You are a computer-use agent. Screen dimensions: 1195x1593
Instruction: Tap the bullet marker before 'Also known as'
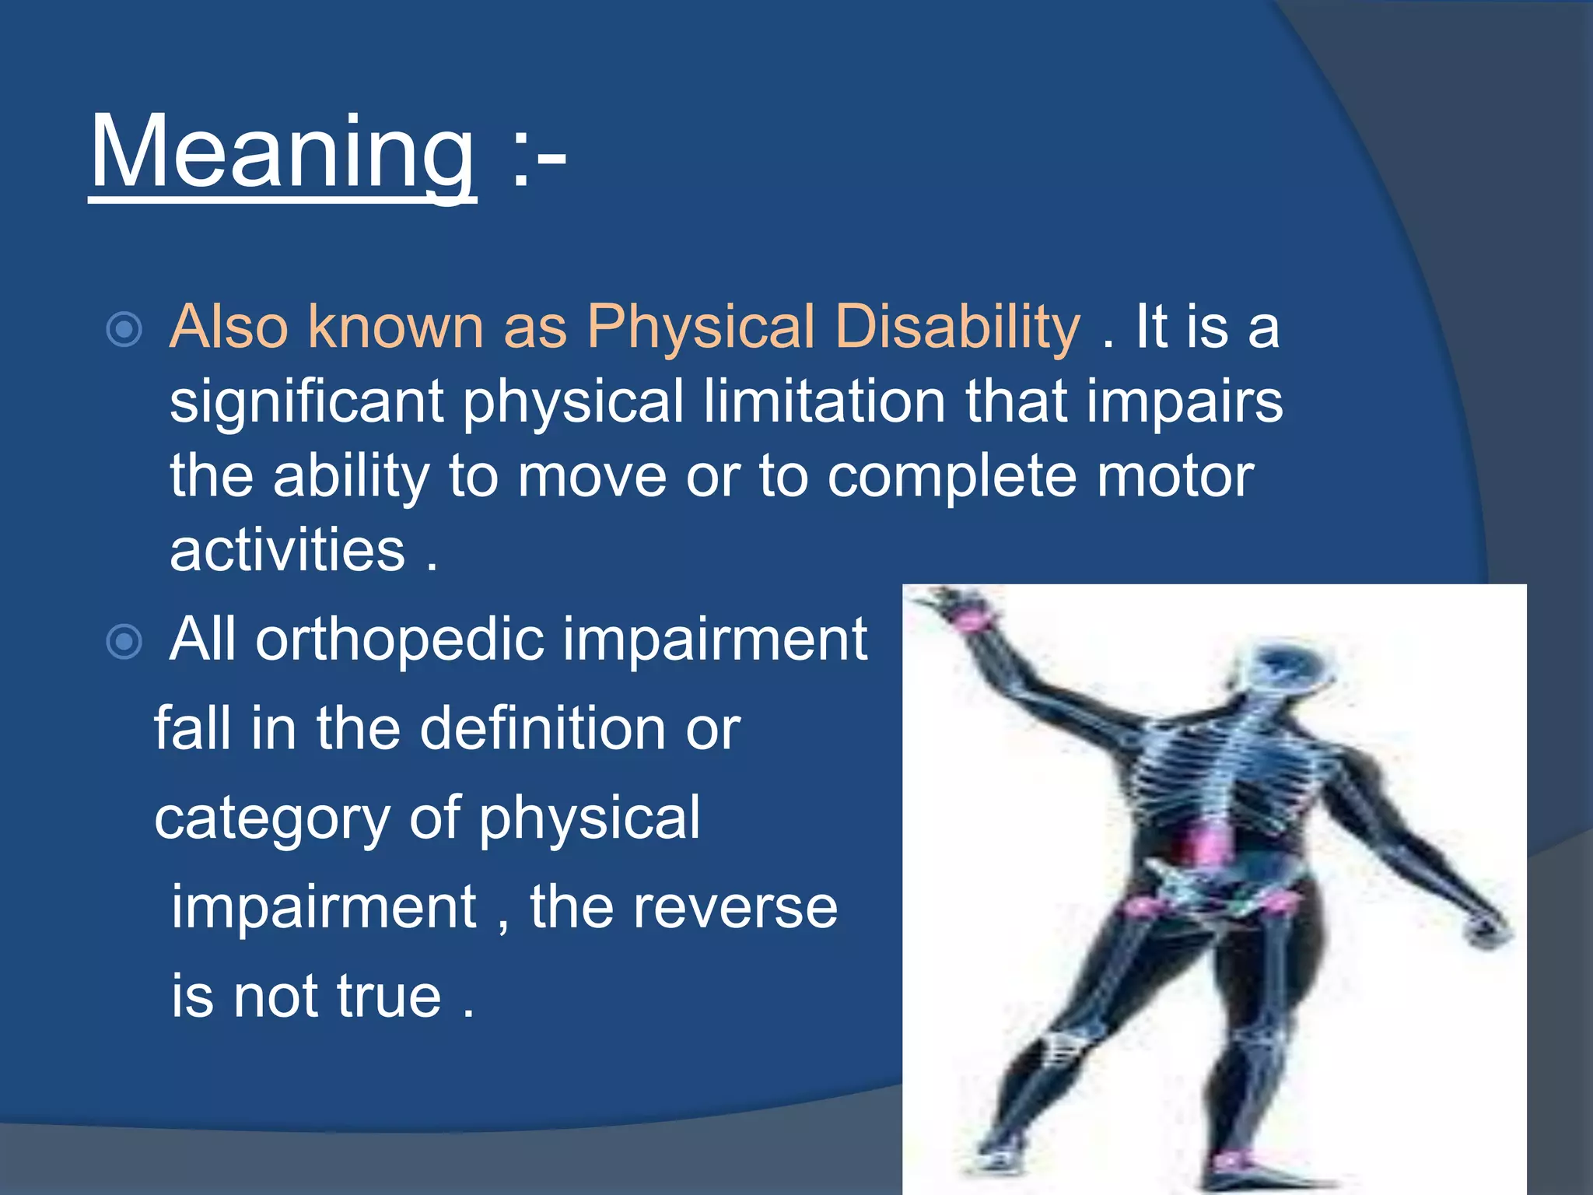tap(124, 329)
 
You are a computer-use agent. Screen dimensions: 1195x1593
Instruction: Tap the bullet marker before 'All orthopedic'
tap(124, 642)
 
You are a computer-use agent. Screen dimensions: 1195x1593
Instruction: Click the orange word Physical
tap(700, 328)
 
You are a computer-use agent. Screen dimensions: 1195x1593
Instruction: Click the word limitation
tap(824, 401)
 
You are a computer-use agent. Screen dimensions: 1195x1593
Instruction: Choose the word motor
tap(1175, 477)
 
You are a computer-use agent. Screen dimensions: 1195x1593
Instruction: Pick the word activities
tap(287, 551)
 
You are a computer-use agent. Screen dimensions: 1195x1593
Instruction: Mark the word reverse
tap(734, 908)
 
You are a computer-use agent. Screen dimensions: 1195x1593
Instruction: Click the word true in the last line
tap(389, 997)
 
